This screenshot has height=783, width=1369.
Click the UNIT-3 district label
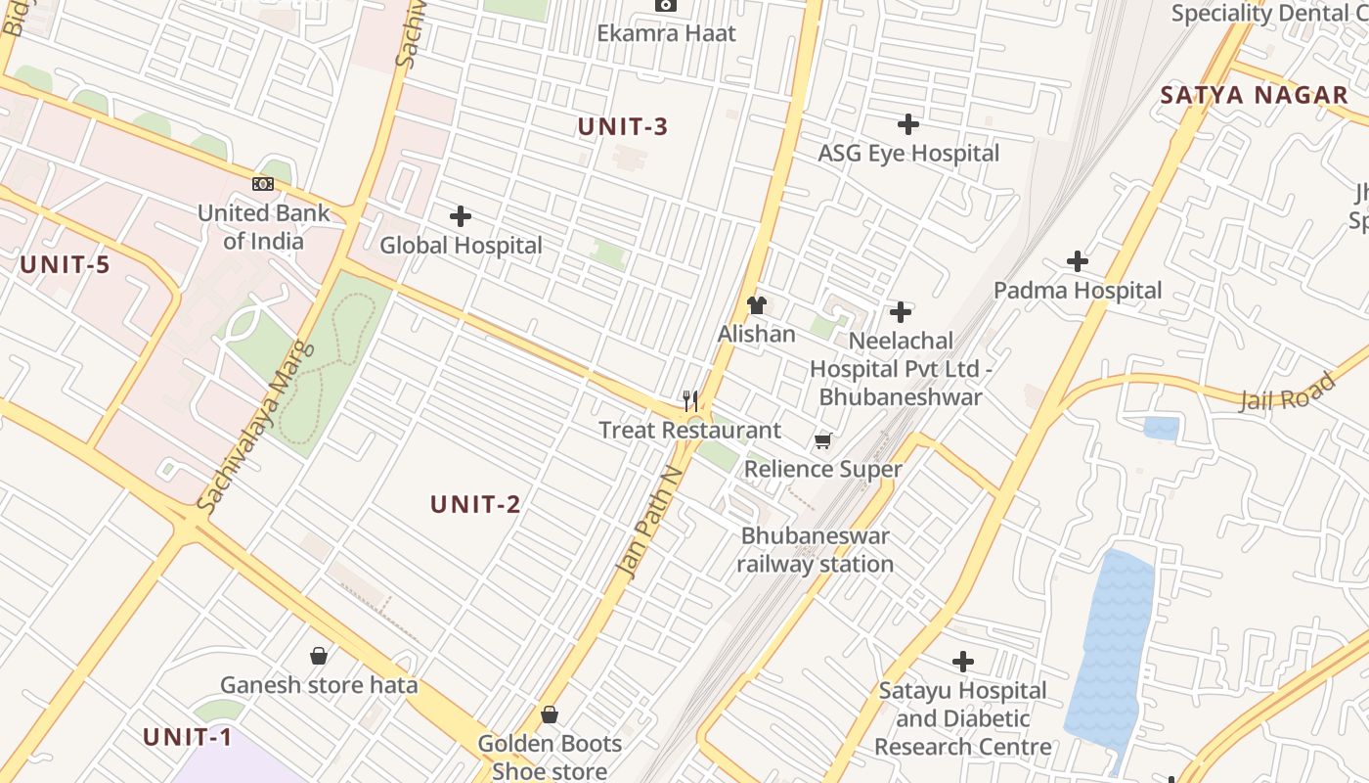tap(623, 127)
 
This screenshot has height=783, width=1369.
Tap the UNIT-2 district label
tap(476, 505)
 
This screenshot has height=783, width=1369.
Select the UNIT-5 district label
tap(66, 264)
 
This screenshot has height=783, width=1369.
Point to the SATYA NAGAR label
tap(1255, 96)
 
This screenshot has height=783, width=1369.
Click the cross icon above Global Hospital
tap(461, 216)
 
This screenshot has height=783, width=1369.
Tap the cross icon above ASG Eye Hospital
tap(908, 124)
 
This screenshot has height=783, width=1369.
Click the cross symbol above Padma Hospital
tap(1078, 261)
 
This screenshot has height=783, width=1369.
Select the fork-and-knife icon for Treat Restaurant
tap(690, 400)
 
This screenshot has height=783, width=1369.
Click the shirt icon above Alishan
tap(757, 305)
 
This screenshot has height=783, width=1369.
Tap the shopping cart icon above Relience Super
tap(823, 441)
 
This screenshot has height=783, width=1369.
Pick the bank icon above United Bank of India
tap(263, 184)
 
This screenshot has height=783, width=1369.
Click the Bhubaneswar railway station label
tap(815, 550)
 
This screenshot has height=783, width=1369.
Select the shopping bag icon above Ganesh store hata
tap(319, 656)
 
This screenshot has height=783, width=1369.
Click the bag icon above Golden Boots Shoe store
tap(550, 715)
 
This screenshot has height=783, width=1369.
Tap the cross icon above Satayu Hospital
tap(963, 662)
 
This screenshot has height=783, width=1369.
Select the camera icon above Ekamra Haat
tap(667, 5)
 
